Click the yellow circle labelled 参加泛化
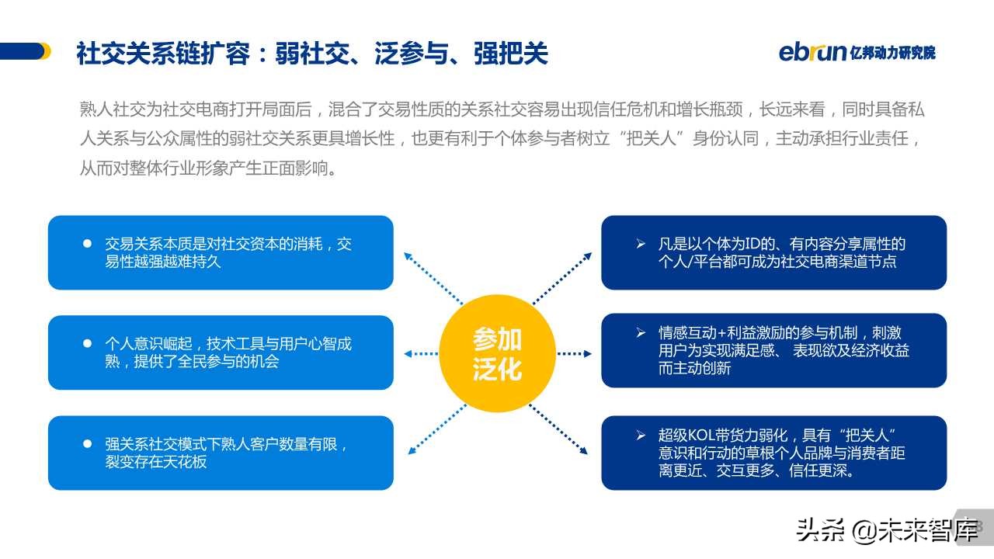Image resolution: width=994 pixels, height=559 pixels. pos(498,353)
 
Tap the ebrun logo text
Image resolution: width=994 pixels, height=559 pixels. pos(812,52)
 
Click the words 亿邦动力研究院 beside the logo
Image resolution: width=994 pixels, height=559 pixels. pos(893,53)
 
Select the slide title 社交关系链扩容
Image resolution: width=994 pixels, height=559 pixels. pos(163,54)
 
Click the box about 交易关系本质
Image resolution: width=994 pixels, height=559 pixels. pos(221,252)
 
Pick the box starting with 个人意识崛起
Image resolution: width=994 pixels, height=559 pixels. pos(221,352)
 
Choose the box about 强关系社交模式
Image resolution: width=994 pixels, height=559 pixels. pos(221,453)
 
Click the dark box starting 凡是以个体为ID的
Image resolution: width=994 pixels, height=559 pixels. pos(773,252)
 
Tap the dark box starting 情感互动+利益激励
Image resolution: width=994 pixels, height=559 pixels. pos(773,350)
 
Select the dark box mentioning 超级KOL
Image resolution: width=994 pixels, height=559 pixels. pos(773,453)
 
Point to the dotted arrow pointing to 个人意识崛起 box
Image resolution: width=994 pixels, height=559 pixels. pos(422,353)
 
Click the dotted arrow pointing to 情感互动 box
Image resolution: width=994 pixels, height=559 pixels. pos(574,353)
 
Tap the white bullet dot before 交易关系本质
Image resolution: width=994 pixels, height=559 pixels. pos(87,244)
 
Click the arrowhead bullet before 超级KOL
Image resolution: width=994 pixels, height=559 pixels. pos(641,435)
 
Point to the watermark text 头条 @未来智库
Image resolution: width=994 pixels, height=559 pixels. pos(886,531)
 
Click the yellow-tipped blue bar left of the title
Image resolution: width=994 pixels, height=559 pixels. pos(25,51)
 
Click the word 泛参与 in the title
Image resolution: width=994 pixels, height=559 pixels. pos(411,54)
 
